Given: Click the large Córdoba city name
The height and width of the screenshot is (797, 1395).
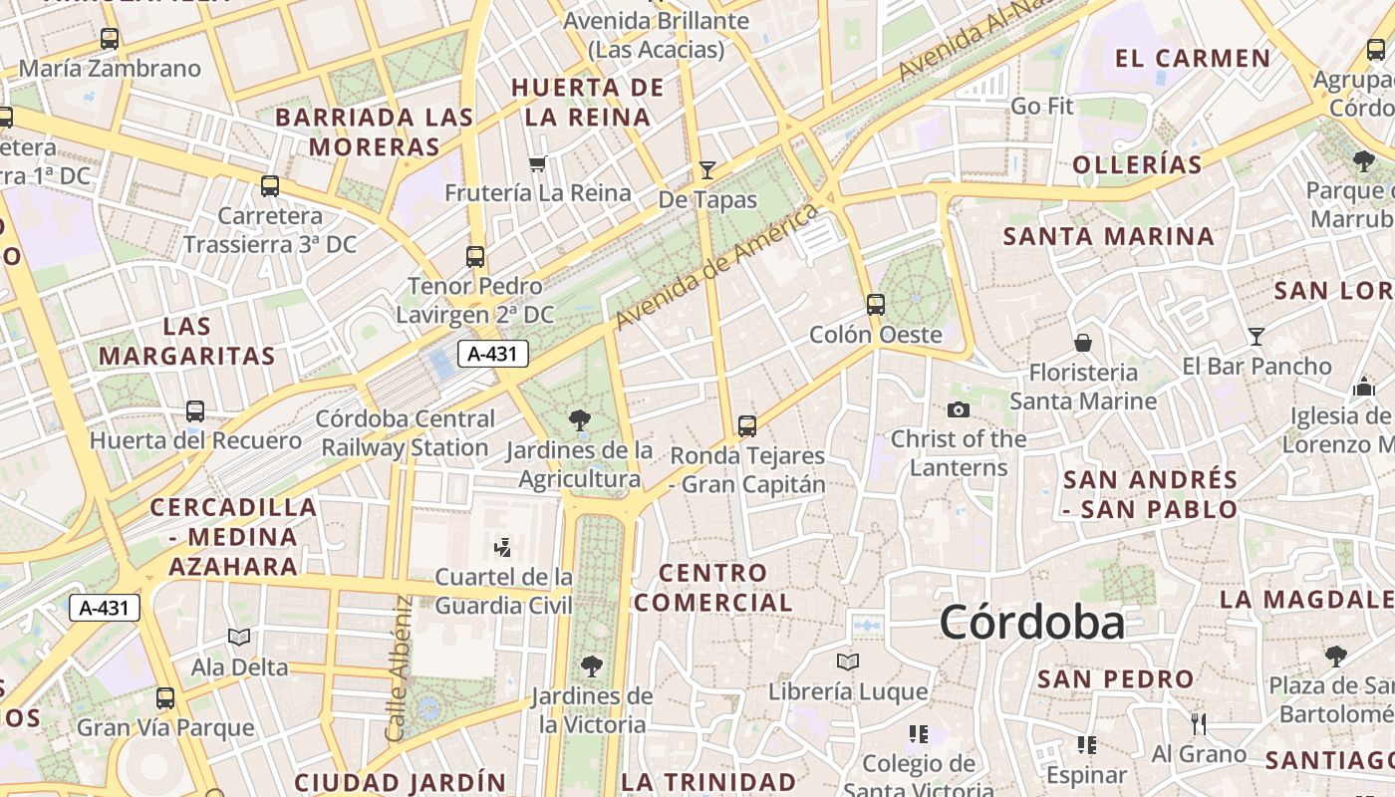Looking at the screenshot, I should (x=1031, y=623).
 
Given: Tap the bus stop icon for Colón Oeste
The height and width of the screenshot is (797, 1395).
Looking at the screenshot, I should (x=875, y=304).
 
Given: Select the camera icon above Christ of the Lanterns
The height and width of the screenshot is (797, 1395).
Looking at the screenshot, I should (x=958, y=409).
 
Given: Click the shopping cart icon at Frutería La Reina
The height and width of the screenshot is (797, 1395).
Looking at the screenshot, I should (x=538, y=163).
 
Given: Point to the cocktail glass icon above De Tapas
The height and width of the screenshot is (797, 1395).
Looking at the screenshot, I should (x=707, y=170).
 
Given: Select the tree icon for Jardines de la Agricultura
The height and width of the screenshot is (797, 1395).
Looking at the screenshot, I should (x=579, y=420).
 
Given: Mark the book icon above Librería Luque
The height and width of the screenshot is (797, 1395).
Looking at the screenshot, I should (x=848, y=662).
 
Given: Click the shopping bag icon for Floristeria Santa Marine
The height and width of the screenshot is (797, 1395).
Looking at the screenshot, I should (x=1083, y=344).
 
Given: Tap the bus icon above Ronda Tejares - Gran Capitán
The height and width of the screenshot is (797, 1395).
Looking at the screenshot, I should (x=747, y=426).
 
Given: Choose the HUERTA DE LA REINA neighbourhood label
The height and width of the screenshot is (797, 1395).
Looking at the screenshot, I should (x=587, y=102).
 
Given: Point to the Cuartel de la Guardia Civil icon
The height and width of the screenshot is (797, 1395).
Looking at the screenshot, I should (x=503, y=547).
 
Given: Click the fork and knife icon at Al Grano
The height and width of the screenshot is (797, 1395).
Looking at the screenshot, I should (x=1199, y=723).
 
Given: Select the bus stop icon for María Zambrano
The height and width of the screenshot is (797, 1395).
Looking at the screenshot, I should (x=110, y=39).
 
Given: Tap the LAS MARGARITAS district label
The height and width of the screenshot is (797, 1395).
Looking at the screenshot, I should (x=187, y=341).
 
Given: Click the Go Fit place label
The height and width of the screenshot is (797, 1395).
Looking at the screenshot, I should (x=1042, y=106).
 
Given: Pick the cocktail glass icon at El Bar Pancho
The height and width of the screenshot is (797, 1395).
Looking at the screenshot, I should (x=1256, y=337).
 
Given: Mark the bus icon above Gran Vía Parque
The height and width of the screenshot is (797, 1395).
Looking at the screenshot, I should (x=165, y=697).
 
